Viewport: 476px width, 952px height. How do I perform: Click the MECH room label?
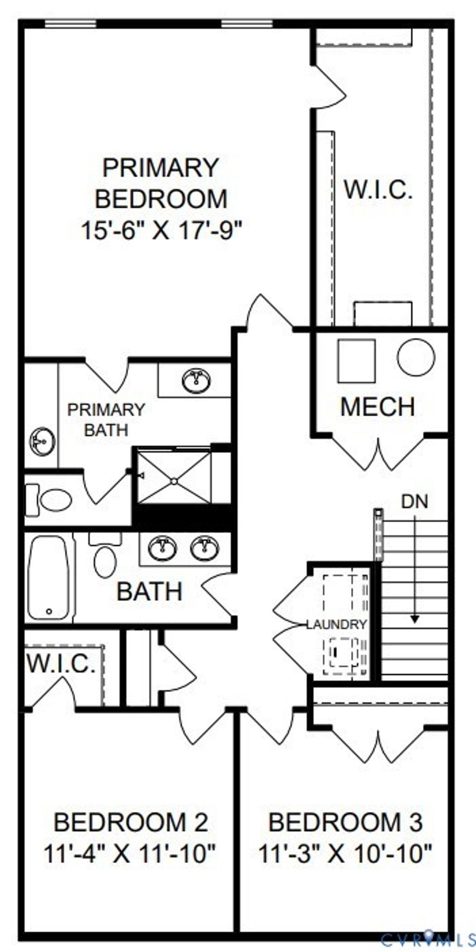click(377, 407)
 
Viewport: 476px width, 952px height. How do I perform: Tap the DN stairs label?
click(415, 501)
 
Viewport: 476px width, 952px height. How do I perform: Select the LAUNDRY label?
click(337, 624)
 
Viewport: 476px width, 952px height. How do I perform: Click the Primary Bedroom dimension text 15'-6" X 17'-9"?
click(162, 230)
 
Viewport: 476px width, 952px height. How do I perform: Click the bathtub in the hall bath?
click(48, 578)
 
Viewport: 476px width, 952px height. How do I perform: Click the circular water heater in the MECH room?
click(416, 357)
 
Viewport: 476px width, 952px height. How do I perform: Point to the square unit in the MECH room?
click(357, 361)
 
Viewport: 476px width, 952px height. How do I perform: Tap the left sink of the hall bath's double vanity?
click(162, 547)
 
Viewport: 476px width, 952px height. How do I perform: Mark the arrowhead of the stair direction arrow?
click(415, 619)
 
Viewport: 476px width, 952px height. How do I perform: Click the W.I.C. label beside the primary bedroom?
click(378, 190)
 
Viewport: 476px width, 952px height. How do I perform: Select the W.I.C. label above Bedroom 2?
click(60, 664)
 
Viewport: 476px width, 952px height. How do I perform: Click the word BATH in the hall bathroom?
click(149, 592)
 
